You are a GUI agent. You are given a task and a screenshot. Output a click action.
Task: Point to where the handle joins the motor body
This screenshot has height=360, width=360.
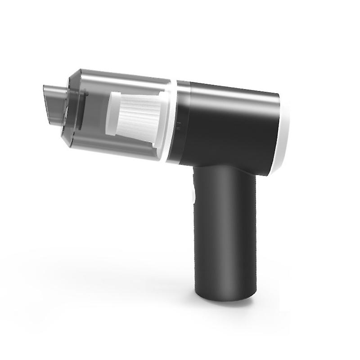tap(220, 169)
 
